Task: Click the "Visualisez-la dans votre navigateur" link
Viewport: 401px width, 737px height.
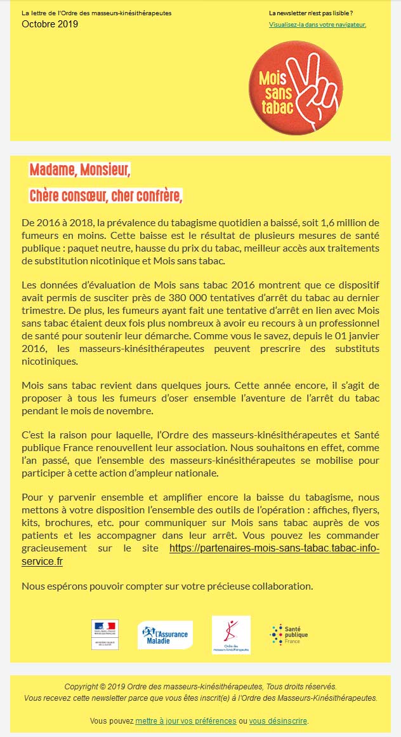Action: coord(317,25)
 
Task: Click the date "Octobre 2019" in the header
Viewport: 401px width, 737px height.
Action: coord(50,24)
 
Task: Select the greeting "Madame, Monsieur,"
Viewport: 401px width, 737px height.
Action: coord(80,170)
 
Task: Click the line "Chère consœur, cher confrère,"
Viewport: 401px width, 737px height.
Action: coord(106,196)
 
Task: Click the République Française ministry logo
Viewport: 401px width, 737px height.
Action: coord(105,634)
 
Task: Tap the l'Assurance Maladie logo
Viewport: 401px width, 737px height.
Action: coord(165,635)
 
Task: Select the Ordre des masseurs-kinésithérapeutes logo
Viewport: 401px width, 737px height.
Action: coord(231,634)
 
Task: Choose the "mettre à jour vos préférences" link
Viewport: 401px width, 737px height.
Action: coord(186,721)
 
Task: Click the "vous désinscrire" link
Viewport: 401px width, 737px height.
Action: coord(278,721)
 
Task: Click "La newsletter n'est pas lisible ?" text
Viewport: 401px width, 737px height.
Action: coord(311,13)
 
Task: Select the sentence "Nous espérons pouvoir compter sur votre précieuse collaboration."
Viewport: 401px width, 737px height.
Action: coord(168,586)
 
